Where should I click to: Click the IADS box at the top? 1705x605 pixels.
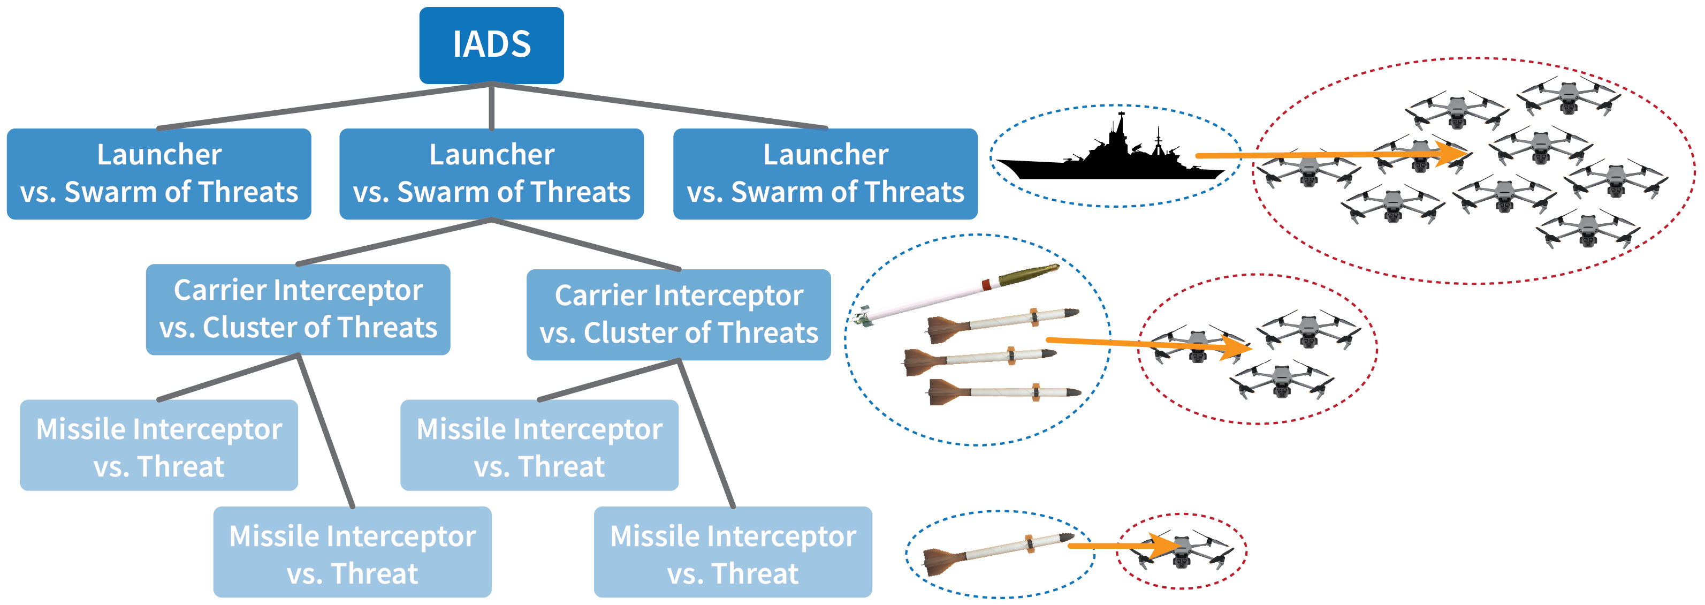491,45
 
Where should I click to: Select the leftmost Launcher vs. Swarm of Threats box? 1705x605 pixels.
159,173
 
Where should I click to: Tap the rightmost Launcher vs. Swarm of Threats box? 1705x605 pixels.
825,173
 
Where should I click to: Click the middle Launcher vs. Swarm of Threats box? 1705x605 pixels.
491,173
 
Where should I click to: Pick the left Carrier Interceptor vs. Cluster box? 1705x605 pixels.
298,309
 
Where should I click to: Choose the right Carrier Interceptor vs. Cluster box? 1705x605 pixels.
679,314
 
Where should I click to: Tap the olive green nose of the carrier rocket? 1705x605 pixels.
1029,274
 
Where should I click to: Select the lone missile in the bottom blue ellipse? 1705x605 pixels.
996,553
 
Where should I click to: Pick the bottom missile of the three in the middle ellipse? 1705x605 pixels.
1003,392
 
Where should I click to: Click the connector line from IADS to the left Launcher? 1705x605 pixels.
324,106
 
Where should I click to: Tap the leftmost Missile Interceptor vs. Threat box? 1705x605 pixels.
159,445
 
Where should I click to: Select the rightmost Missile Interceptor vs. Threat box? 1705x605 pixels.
733,552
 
